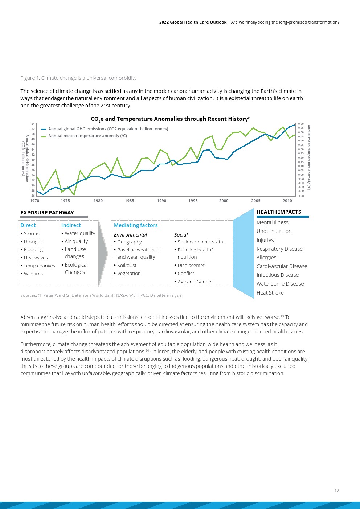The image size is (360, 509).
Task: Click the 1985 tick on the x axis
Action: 129,201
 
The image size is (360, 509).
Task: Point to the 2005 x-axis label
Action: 256,201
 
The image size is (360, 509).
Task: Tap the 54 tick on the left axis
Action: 33,124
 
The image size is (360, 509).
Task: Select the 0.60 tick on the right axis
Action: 301,124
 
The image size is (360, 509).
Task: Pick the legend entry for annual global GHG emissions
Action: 105,129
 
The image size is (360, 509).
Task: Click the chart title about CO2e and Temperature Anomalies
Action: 170,119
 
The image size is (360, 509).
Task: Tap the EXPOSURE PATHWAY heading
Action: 47,213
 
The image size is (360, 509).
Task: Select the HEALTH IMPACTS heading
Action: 279,212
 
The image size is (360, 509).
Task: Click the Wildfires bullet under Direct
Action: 32,274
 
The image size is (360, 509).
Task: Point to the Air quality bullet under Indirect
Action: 74,241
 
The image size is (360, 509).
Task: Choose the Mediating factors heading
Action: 136,225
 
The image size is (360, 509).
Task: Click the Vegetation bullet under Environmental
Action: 127,273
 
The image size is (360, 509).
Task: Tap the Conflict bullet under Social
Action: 184,273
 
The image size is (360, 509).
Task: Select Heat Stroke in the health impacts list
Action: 270,293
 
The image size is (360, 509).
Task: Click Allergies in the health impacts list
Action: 266,258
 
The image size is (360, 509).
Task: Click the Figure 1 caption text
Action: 78,78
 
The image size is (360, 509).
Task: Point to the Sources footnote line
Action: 101,295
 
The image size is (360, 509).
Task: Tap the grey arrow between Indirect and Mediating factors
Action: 103,254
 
